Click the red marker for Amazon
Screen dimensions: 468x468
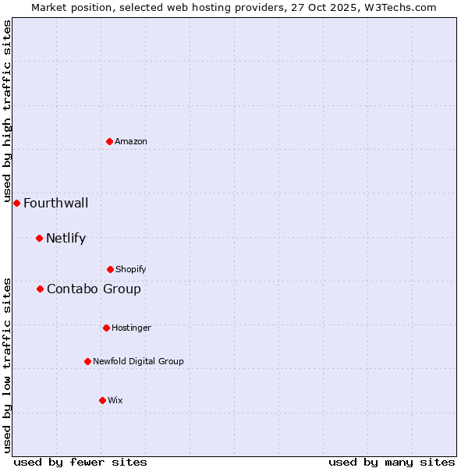point(109,141)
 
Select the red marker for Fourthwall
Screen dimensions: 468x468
point(16,203)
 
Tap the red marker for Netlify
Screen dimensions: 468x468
point(39,238)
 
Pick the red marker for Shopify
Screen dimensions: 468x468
point(110,269)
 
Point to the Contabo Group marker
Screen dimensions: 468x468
point(40,289)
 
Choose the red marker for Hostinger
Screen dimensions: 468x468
point(106,328)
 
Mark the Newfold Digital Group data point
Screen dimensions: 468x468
point(87,361)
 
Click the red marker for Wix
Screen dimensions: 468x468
point(102,400)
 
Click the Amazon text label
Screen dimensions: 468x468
point(131,141)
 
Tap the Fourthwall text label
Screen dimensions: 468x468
point(55,204)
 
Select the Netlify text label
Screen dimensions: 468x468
point(66,239)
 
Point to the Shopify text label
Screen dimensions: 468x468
point(131,269)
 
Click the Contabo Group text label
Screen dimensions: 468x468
point(94,289)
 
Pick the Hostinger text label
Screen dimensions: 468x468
point(131,328)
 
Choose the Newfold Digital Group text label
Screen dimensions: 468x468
point(138,361)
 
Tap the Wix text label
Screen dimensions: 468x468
point(115,400)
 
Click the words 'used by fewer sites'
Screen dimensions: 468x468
point(80,462)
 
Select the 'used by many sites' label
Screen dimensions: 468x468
point(392,462)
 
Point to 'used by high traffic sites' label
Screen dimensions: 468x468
point(7,112)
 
